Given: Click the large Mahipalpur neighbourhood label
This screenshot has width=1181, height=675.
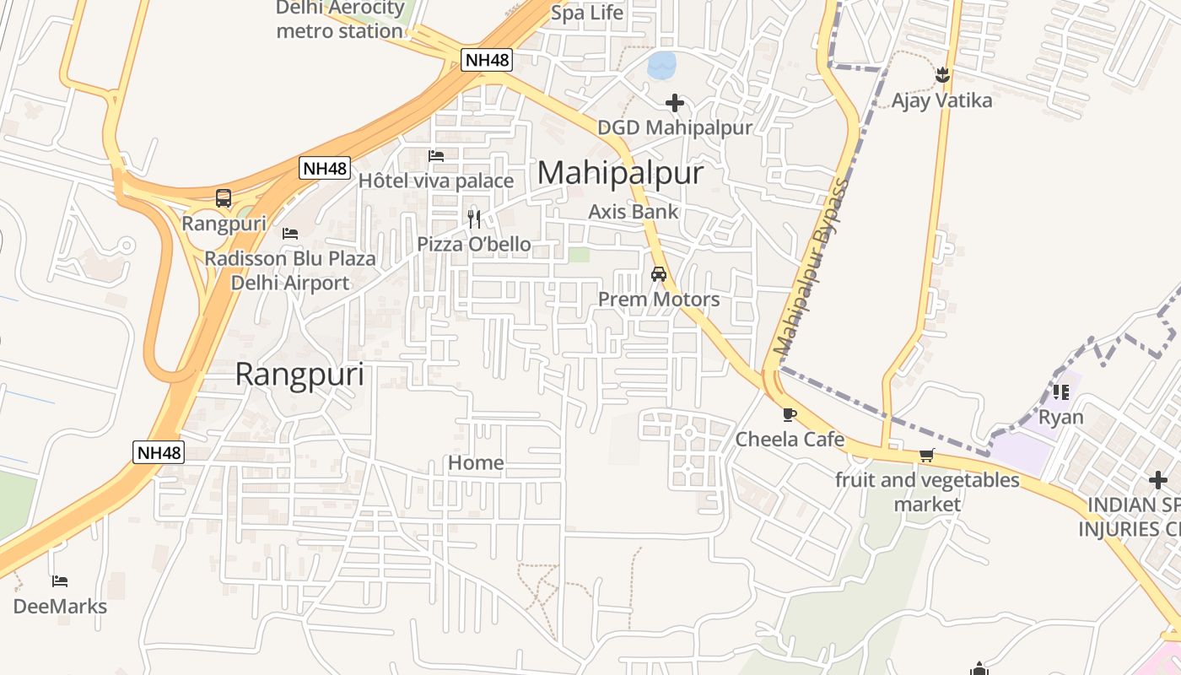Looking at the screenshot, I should click(x=620, y=173).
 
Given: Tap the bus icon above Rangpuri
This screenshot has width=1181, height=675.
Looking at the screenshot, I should click(x=224, y=198).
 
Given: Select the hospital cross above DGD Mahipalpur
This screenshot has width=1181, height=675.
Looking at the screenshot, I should click(x=675, y=103).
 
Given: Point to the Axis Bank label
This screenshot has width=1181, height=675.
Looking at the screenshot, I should click(x=633, y=211).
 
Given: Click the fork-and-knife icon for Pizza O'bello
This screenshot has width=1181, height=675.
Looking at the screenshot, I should click(x=474, y=219).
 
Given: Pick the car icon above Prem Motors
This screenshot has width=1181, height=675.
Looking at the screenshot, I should click(x=659, y=274).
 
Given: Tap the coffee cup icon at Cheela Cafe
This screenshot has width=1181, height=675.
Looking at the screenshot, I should click(x=789, y=414).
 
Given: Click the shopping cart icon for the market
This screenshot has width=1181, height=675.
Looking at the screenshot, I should click(x=926, y=456).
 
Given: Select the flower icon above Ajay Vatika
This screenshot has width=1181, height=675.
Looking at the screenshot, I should click(x=942, y=75).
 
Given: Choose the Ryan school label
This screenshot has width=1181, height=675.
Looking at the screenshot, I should click(x=1060, y=417).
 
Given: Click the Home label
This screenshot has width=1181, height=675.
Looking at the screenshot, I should click(x=476, y=462).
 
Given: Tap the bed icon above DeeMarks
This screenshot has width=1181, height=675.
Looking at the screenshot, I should click(x=59, y=580).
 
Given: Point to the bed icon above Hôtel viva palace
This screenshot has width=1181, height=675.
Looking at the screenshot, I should click(x=436, y=156).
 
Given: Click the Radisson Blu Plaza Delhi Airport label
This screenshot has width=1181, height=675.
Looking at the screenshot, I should click(x=290, y=270).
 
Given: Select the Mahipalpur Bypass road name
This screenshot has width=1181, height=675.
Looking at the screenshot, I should click(x=810, y=266).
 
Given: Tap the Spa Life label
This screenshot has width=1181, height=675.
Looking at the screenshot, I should click(x=586, y=13).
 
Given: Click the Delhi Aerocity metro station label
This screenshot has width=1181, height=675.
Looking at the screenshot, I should click(x=340, y=21).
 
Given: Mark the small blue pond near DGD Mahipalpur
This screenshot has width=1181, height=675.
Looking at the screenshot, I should click(x=661, y=65).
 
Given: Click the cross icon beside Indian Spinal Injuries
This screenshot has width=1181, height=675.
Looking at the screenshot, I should click(x=1158, y=479).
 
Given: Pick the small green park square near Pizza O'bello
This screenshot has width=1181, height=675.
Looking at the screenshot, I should click(x=578, y=254).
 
